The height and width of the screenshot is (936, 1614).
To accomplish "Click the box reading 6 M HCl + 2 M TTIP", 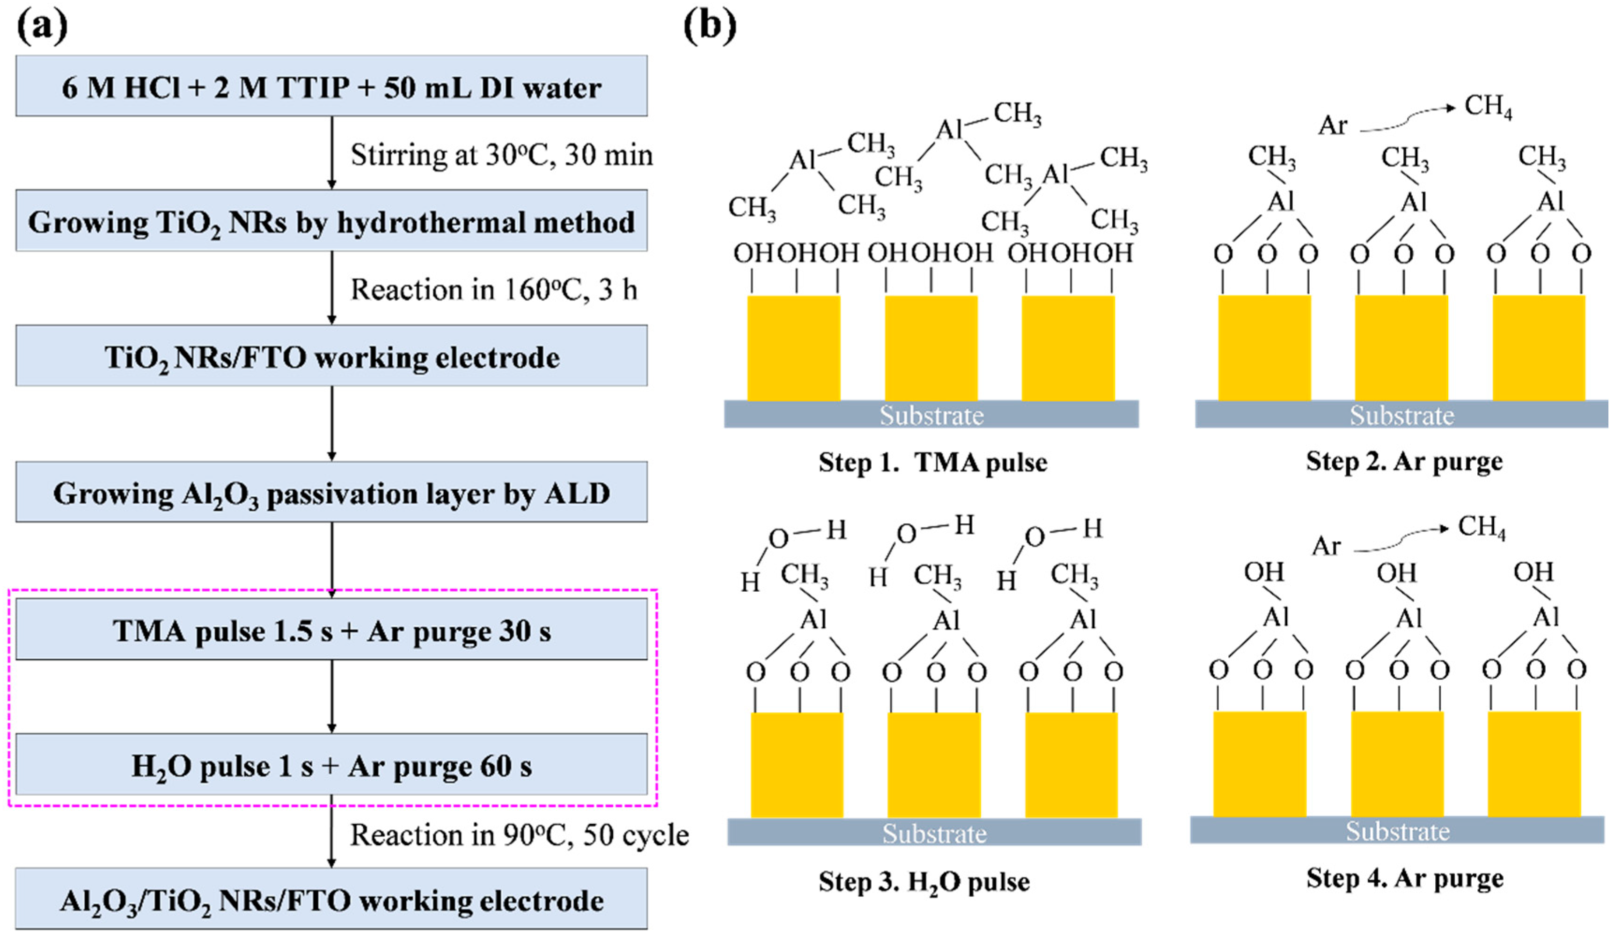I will (331, 87).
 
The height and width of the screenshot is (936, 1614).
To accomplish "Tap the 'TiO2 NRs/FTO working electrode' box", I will (331, 356).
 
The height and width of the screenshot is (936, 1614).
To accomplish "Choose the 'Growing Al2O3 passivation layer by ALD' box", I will (331, 493).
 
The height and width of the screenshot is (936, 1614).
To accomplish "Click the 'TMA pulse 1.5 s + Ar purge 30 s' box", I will (331, 630).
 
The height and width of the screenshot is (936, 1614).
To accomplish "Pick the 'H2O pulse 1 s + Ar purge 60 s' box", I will (331, 765).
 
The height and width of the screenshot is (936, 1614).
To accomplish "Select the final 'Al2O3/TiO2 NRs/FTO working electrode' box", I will (331, 900).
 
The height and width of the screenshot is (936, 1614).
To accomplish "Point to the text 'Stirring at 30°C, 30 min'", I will (501, 155).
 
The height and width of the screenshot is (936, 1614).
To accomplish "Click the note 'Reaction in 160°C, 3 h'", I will (493, 290).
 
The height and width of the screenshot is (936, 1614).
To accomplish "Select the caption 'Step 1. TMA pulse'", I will (932, 462).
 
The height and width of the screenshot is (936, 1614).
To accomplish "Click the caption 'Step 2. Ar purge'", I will (1404, 461).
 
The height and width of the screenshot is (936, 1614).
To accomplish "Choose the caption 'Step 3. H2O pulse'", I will (924, 882).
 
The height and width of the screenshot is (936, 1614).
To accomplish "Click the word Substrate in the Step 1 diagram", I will (931, 415).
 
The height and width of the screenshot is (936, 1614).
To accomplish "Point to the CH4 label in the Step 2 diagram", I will (1488, 106).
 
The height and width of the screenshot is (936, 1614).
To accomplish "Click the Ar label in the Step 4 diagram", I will (1326, 546).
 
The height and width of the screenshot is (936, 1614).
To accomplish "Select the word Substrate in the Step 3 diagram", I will (934, 834).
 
